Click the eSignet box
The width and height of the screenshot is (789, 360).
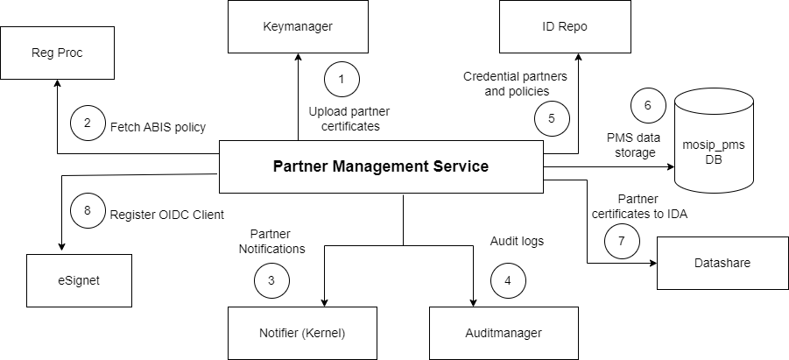[x=79, y=280]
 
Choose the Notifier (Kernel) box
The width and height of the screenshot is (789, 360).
[x=301, y=333]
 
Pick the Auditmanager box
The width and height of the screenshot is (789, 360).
[x=503, y=333]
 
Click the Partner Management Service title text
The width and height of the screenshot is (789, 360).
[x=380, y=166]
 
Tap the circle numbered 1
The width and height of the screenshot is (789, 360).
[x=342, y=80]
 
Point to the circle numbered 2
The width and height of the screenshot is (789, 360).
[x=88, y=124]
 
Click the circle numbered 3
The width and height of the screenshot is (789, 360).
[x=271, y=280]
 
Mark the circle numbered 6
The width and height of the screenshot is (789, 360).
[x=648, y=105]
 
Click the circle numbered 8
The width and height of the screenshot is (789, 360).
[x=87, y=211]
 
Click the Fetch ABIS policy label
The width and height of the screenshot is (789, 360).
[x=158, y=127]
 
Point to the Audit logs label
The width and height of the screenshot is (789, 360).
[x=517, y=241]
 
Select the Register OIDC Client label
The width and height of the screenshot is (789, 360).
[x=167, y=213]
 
